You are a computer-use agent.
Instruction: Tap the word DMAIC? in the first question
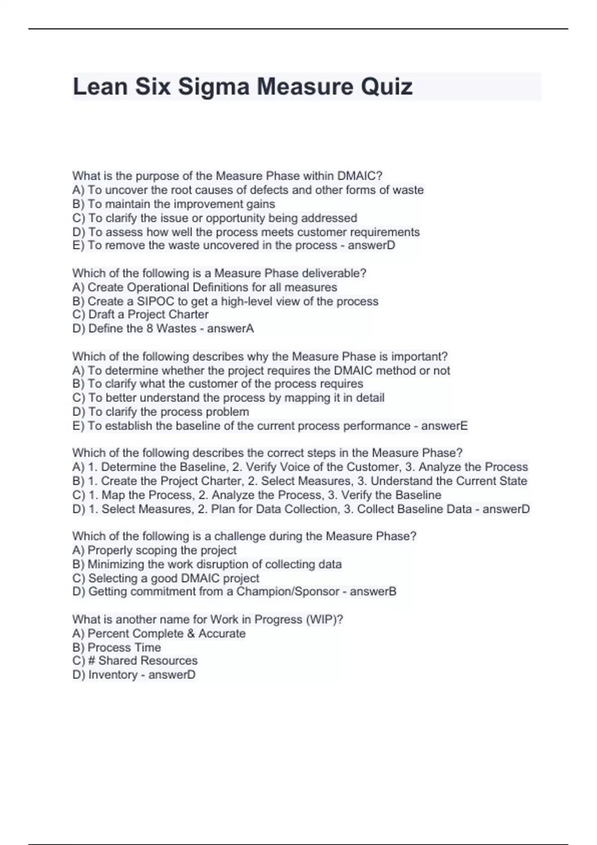pos(360,176)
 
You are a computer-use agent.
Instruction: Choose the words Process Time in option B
pos(124,647)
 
